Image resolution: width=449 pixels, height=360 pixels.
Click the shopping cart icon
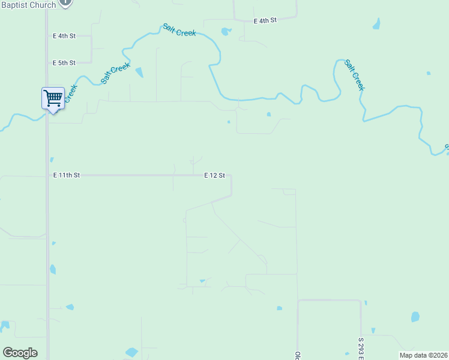point(53,98)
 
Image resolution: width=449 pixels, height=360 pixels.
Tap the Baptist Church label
point(28,5)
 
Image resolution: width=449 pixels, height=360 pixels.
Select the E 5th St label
point(64,62)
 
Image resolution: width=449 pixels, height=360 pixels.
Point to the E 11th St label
point(66,175)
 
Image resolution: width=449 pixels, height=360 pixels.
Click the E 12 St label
point(214,175)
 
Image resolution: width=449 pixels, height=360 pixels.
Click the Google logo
point(20,353)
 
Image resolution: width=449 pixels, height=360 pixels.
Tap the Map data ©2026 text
point(423,355)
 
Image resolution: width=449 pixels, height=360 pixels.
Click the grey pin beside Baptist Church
point(67,3)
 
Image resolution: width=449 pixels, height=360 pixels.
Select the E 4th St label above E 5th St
point(64,36)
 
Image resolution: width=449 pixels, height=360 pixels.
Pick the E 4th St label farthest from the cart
point(265,20)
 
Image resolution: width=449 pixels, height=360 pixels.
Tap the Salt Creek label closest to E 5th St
point(116,73)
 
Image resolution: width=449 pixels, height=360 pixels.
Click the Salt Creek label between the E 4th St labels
point(179,30)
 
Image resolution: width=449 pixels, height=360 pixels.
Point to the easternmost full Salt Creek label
point(355,75)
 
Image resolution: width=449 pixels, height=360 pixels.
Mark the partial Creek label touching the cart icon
point(70,93)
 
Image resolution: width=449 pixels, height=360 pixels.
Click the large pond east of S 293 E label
point(415,317)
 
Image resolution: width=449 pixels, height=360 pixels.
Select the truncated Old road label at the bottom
point(297,355)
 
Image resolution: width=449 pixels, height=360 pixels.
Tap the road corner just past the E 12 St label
point(231,176)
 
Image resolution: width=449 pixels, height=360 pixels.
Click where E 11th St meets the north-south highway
point(47,175)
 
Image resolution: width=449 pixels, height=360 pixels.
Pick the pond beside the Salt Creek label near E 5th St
point(139,73)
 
